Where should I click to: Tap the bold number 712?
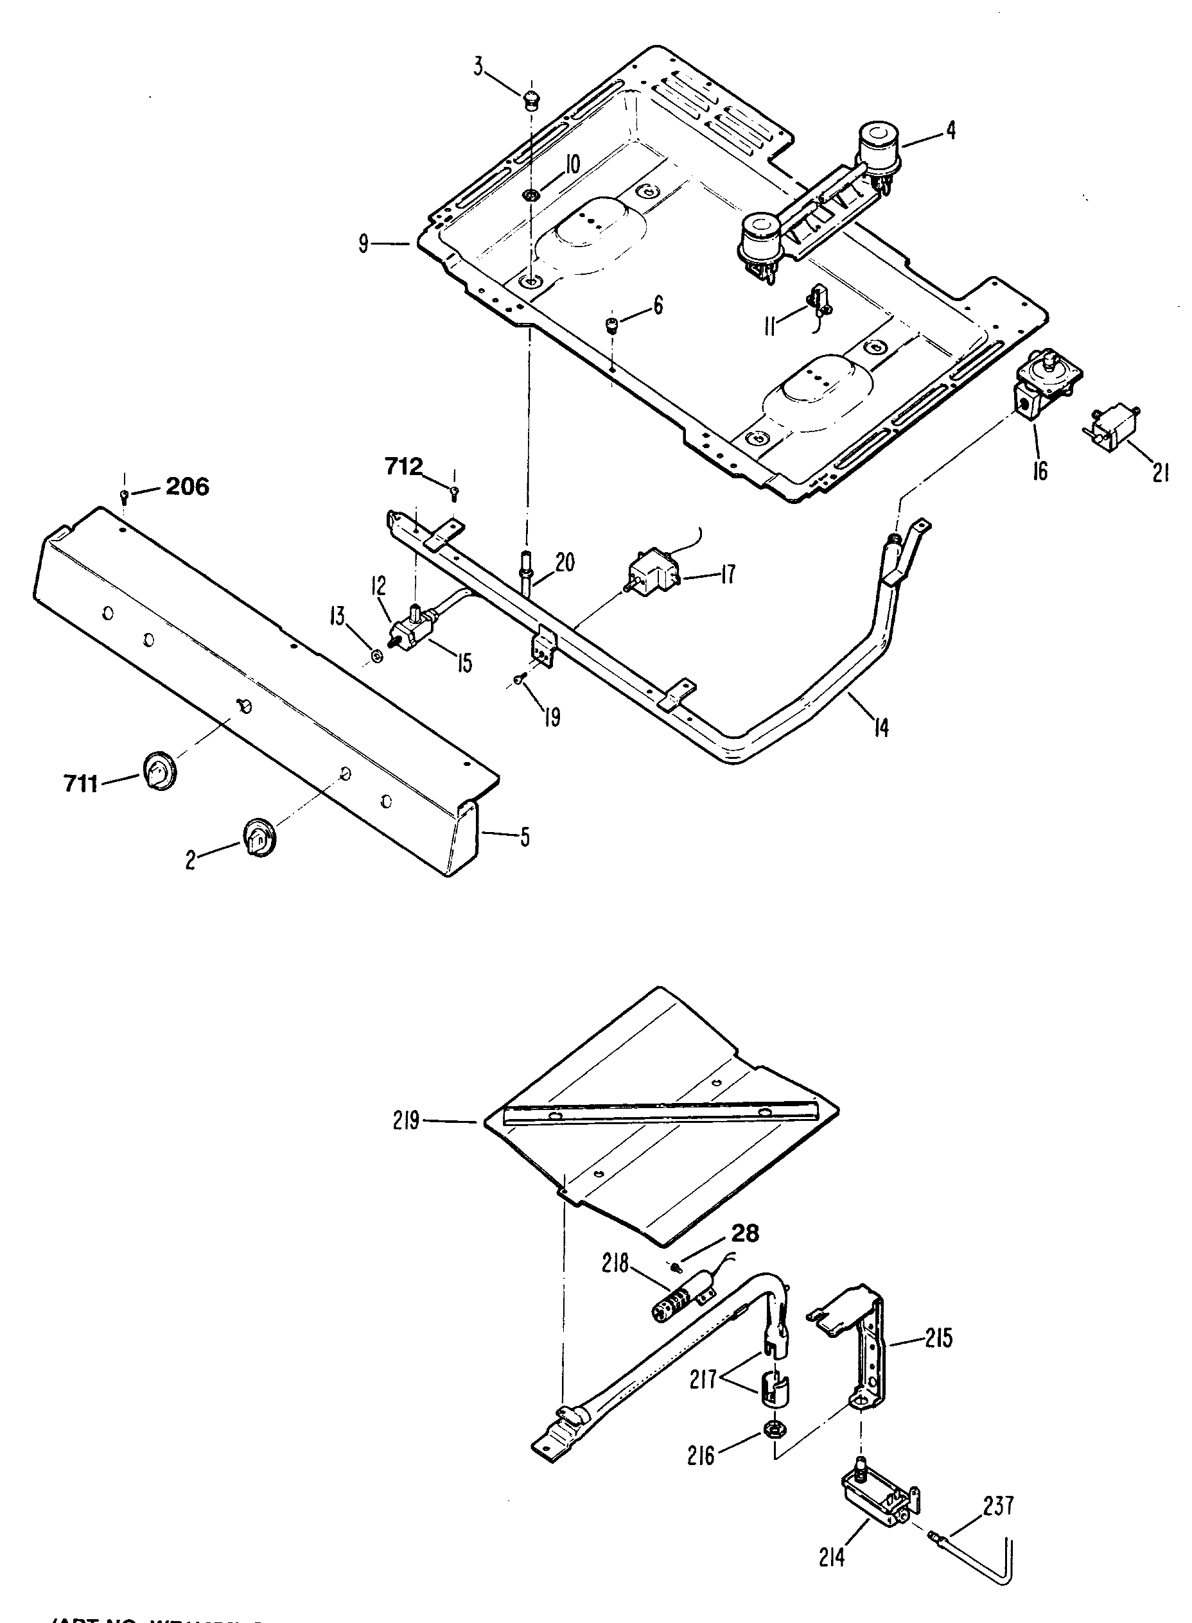403,467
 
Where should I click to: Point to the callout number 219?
407,1122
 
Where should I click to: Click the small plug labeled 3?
532,98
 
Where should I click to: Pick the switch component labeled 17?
654,571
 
